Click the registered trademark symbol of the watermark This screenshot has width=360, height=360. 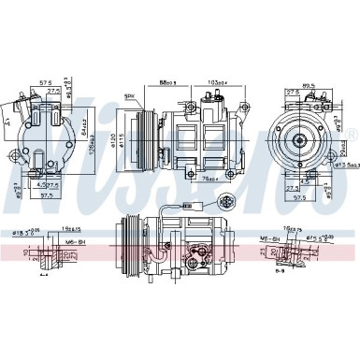(352, 137)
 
